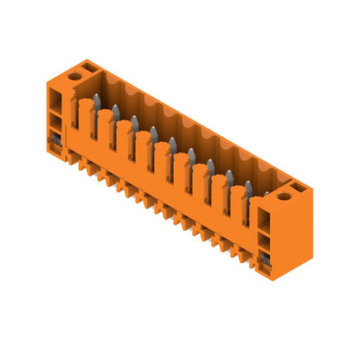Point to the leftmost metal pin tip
(97, 100)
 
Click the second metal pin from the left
(115, 112)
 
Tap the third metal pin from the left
(134, 122)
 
